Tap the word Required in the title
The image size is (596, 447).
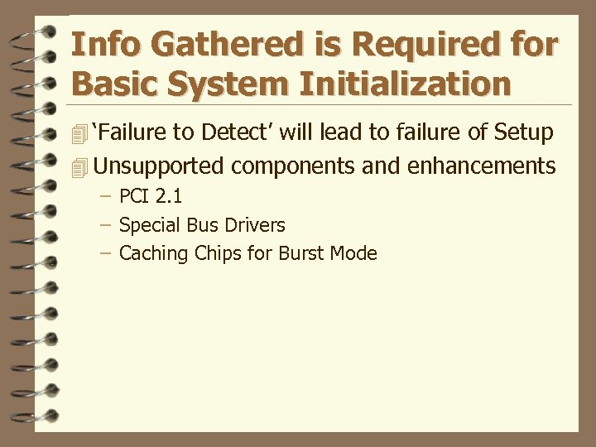coord(406,45)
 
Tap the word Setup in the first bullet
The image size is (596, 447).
coord(523,132)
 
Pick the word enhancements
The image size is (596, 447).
coord(481,166)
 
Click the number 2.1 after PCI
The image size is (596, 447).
coord(168,197)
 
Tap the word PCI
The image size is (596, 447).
coord(134,197)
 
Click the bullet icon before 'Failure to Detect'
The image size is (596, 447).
coord(79,133)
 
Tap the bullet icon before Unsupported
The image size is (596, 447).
coord(79,167)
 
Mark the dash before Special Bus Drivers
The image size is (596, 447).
coord(105,225)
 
